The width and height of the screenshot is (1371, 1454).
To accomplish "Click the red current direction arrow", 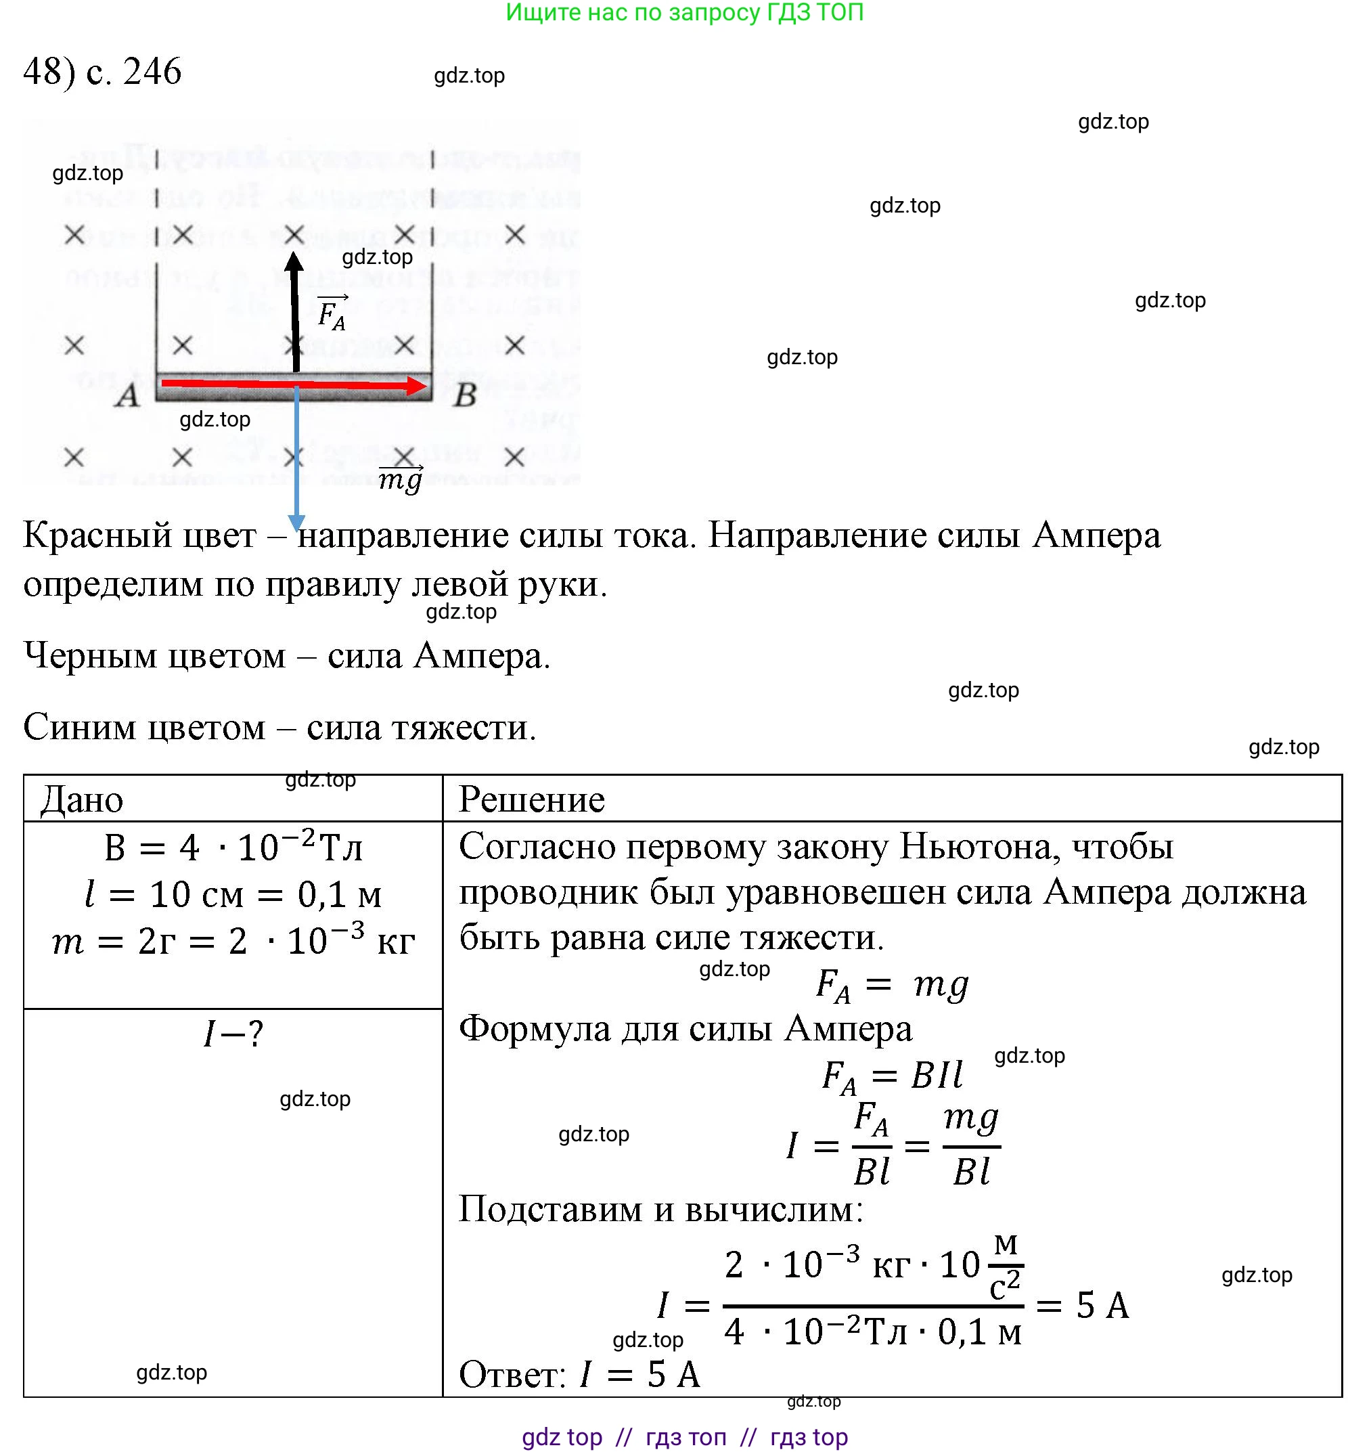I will coord(292,383).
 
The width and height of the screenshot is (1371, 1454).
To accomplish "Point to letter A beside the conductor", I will coord(127,396).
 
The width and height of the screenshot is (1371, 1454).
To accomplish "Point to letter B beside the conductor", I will coord(465,396).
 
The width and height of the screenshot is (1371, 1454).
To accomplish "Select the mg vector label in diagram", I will coord(401,479).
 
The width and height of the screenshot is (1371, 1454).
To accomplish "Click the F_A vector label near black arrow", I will coord(332,313).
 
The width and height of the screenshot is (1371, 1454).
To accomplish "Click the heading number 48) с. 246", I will coord(102,72).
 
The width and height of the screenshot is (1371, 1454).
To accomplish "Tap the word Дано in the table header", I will coord(82,799).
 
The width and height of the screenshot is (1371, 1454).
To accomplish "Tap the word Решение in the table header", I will coord(532,799).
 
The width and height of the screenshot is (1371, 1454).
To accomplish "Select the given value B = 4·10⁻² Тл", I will coord(233,847).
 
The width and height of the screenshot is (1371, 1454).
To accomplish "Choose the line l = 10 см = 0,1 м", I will coord(233,894).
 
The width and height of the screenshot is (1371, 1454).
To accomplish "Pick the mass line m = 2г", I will coord(233,941).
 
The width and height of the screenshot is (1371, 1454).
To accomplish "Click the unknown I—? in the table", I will coord(233,1034).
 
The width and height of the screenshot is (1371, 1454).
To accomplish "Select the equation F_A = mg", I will coord(892,984).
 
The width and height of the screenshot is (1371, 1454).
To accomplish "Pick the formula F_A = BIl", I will coord(892,1076).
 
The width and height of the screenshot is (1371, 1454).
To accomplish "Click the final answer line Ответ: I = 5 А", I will coord(579,1374).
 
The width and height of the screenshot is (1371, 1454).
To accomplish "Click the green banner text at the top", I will coord(684,12).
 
